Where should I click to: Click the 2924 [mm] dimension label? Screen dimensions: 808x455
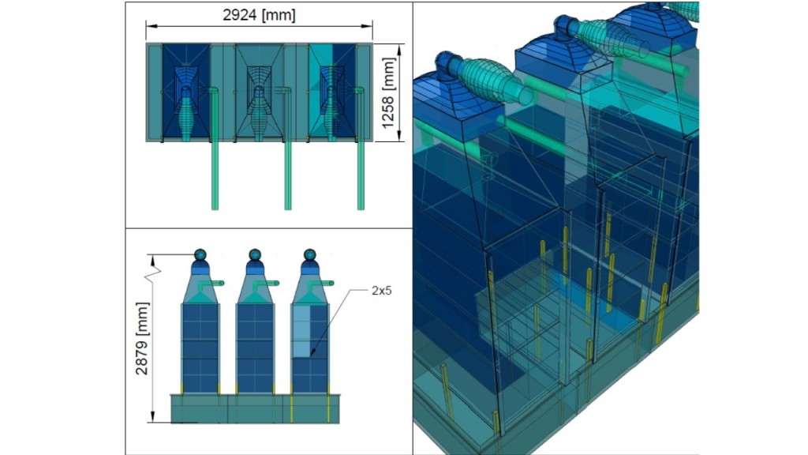(259, 15)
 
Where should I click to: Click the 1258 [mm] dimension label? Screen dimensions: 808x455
(387, 93)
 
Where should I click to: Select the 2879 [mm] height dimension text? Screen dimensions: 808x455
(141, 338)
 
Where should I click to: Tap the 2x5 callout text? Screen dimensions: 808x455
(381, 291)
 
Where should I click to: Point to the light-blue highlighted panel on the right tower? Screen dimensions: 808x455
(301, 331)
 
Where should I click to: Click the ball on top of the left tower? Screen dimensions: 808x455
(200, 255)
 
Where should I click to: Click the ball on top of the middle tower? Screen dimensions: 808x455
(255, 255)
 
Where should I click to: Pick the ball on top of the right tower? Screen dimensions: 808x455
(309, 255)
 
